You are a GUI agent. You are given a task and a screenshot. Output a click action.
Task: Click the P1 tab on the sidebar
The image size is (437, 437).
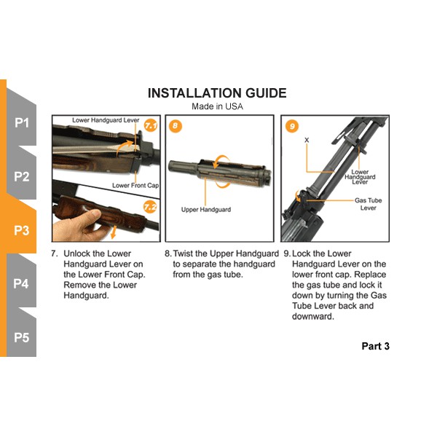click(22, 122)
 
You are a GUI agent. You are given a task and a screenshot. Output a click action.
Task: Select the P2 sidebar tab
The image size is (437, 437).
click(22, 176)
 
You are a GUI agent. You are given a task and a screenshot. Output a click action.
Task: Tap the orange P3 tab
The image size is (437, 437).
click(22, 230)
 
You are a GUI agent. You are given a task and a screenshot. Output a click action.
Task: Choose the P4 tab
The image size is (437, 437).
click(22, 284)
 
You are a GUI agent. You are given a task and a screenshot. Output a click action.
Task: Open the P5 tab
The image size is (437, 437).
click(22, 337)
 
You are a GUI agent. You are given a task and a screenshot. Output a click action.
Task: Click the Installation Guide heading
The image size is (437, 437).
click(217, 93)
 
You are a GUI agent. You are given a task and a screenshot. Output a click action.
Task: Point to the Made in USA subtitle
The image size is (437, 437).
click(217, 106)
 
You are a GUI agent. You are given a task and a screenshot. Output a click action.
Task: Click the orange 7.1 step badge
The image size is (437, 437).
click(151, 126)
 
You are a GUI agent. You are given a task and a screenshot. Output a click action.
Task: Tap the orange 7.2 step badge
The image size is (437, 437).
click(150, 207)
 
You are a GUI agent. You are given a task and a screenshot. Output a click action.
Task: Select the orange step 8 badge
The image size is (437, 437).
click(176, 126)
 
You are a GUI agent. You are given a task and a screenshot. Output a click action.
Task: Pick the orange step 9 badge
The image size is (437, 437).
click(292, 126)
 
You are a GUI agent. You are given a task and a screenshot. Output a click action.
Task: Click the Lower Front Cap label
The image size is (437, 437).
click(135, 185)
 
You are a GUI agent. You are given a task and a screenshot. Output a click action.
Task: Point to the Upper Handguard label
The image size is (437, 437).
click(206, 210)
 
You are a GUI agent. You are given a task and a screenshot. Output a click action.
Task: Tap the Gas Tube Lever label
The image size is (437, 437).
click(368, 204)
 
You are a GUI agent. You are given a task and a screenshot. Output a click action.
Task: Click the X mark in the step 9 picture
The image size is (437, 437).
click(307, 140)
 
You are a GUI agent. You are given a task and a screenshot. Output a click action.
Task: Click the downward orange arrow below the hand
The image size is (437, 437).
click(113, 233)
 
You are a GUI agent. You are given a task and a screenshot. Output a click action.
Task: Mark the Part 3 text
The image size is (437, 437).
click(375, 346)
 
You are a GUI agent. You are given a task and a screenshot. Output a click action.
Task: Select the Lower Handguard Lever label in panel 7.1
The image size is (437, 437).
click(106, 120)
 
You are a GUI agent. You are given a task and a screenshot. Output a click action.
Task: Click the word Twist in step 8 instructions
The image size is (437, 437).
click(184, 253)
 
